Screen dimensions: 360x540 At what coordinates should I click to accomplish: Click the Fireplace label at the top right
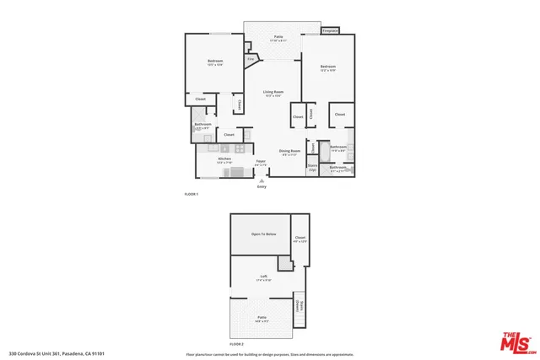(330, 31)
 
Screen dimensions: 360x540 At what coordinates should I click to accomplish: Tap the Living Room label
(273, 93)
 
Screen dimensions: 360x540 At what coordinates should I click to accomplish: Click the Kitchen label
(225, 159)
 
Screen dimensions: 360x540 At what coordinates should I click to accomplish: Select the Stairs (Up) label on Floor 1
(312, 168)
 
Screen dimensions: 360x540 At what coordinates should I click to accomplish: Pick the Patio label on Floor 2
(262, 318)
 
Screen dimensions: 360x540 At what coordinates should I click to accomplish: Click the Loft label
(262, 277)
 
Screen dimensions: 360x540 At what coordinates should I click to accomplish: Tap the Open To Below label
(263, 234)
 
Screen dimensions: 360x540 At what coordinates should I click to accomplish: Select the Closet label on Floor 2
(300, 239)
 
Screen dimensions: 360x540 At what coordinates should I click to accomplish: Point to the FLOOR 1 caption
(191, 194)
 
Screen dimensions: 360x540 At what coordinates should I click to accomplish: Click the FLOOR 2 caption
(237, 345)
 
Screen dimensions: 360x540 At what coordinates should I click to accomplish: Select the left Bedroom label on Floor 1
(214, 62)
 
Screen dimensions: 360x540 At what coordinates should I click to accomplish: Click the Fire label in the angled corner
(251, 59)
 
